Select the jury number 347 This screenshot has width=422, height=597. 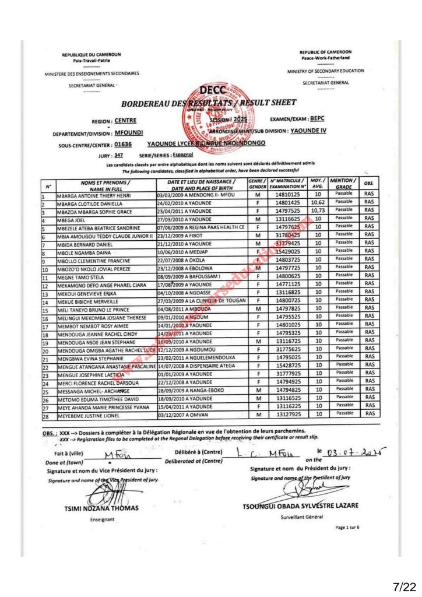pos(119,155)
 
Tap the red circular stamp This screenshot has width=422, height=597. pos(211,116)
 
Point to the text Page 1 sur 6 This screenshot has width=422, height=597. pos(348,527)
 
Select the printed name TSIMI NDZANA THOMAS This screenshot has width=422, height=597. pos(101,508)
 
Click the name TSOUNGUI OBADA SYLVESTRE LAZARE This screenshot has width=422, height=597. pos(300,505)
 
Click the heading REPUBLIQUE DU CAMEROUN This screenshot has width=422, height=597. pos(92,55)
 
